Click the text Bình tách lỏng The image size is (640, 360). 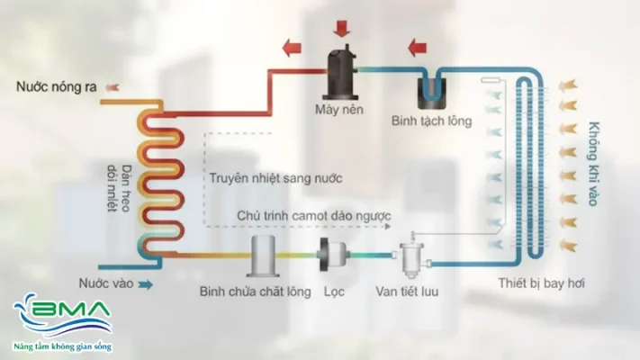433,120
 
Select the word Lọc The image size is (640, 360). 334,292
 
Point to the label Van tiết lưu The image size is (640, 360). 410,292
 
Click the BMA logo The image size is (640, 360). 62,322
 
